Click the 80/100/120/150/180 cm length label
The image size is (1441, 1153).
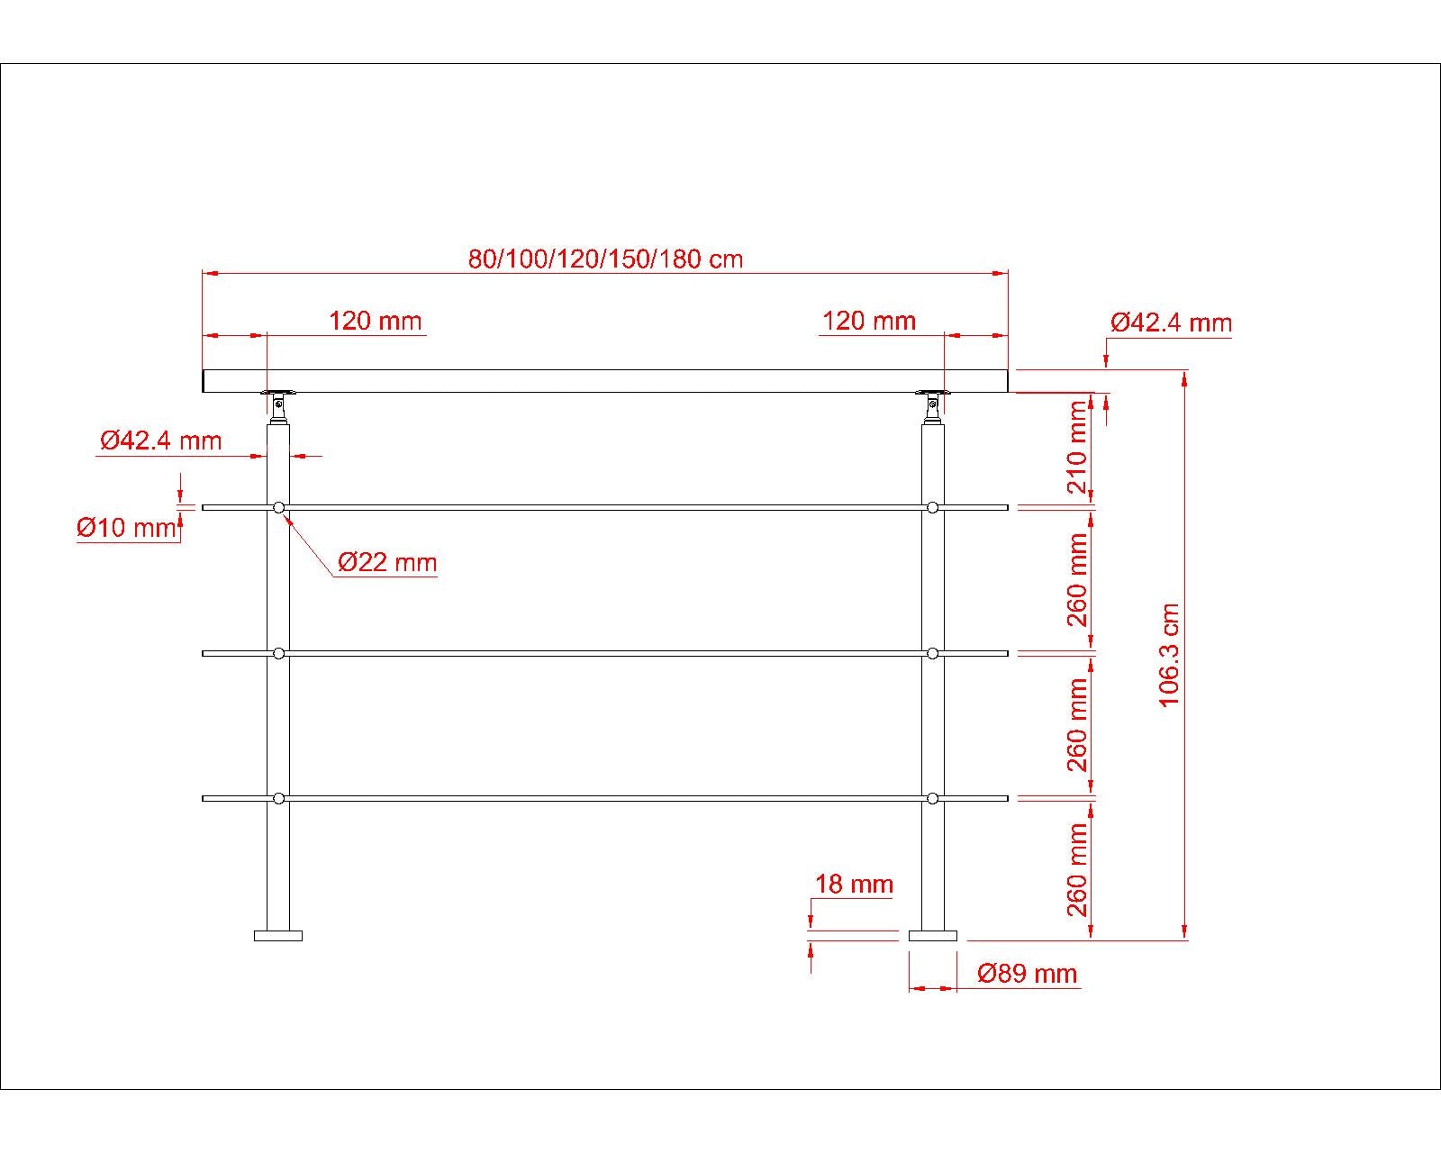pyautogui.click(x=605, y=259)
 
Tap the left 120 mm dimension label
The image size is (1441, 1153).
pyautogui.click(x=375, y=321)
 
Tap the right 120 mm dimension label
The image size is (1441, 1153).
pyautogui.click(x=869, y=321)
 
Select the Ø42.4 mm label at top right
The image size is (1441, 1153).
pyautogui.click(x=1171, y=322)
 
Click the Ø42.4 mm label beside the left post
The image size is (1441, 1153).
pyautogui.click(x=160, y=440)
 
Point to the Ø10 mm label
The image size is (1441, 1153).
pyautogui.click(x=127, y=527)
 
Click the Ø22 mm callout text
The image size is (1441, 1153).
pyautogui.click(x=387, y=563)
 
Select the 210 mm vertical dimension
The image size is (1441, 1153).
pyautogui.click(x=1077, y=448)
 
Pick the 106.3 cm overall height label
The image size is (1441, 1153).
pyautogui.click(x=1169, y=655)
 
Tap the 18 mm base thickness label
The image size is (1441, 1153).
pyautogui.click(x=854, y=884)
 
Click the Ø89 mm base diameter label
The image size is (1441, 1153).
pyautogui.click(x=1027, y=974)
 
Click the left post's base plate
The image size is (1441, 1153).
pyautogui.click(x=278, y=936)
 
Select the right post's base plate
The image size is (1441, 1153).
pyautogui.click(x=932, y=936)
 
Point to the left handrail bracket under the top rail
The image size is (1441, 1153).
pyautogui.click(x=278, y=405)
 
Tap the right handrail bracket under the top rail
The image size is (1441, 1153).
pyautogui.click(x=932, y=405)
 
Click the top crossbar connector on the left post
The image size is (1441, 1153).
pyautogui.click(x=278, y=508)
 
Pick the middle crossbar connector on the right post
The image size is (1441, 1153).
pyautogui.click(x=932, y=653)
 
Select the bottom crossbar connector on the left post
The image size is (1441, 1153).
pyautogui.click(x=278, y=798)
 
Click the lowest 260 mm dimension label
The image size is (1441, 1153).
pyautogui.click(x=1077, y=870)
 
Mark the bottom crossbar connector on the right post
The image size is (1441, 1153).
pyautogui.click(x=932, y=798)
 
